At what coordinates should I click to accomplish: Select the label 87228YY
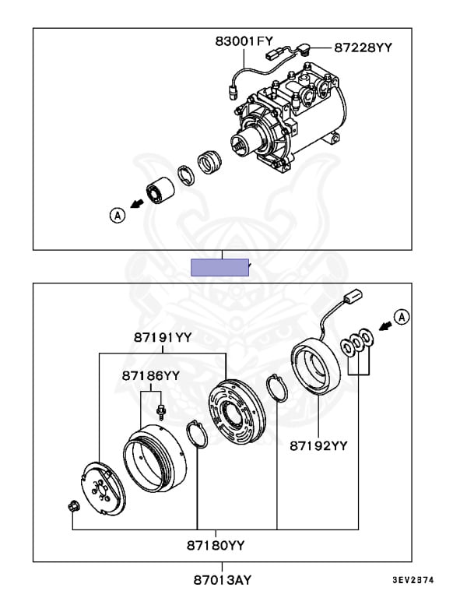[x=363, y=47]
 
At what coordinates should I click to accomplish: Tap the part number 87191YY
[x=161, y=337]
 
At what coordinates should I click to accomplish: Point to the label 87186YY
[x=150, y=375]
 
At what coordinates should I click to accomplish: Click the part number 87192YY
[x=318, y=446]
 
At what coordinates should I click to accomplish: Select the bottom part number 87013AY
[x=222, y=580]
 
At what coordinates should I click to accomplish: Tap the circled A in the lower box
[x=400, y=316]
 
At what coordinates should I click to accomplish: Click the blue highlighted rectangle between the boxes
[x=220, y=267]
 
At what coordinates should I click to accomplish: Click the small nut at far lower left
[x=72, y=508]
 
